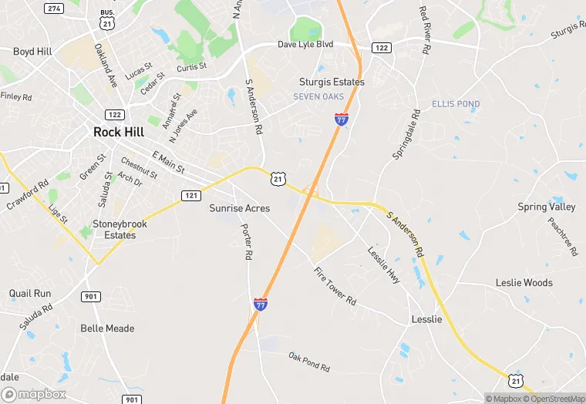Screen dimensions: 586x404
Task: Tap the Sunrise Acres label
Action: pyautogui.click(x=240, y=208)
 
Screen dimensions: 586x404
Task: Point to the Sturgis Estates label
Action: pyautogui.click(x=332, y=82)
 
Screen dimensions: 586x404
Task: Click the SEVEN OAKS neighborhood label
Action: pyautogui.click(x=318, y=96)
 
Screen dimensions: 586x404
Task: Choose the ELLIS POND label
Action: pyautogui.click(x=456, y=104)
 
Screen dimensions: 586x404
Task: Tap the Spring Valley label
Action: pyautogui.click(x=547, y=207)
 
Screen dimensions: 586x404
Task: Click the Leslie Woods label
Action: pyautogui.click(x=524, y=283)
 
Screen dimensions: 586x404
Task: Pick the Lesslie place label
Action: pyautogui.click(x=426, y=319)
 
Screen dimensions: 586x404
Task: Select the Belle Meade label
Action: pyautogui.click(x=107, y=328)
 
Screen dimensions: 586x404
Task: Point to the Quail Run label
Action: pyautogui.click(x=30, y=294)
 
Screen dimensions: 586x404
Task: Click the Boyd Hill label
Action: pyautogui.click(x=33, y=52)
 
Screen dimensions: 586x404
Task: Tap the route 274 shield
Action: pyautogui.click(x=53, y=8)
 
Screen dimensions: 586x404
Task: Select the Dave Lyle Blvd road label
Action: pyautogui.click(x=305, y=45)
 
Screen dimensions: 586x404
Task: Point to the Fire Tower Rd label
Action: pyautogui.click(x=335, y=285)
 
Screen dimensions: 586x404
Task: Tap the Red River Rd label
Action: pyautogui.click(x=424, y=29)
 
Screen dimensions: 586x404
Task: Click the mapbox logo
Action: pyautogui.click(x=34, y=394)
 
